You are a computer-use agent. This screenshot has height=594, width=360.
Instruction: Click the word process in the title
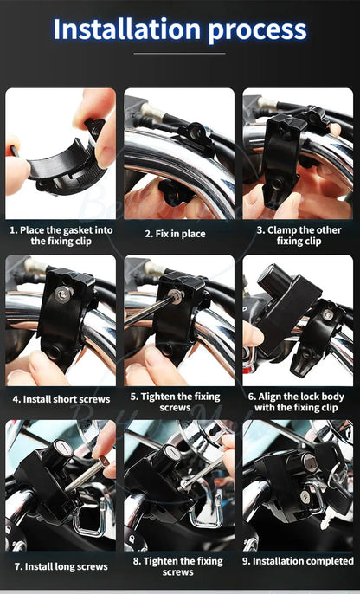point(257,29)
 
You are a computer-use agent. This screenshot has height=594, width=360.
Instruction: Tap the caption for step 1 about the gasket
point(61,235)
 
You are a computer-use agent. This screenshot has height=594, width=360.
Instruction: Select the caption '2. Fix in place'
point(179,234)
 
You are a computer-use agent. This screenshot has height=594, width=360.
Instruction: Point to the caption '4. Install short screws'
point(61,399)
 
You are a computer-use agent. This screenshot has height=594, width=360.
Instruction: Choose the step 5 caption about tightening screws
point(179,401)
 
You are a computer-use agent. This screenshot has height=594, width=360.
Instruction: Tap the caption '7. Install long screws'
point(61,566)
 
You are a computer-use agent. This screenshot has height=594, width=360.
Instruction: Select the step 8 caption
point(179,566)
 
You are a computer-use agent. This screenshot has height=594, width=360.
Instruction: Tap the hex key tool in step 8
point(201,473)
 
